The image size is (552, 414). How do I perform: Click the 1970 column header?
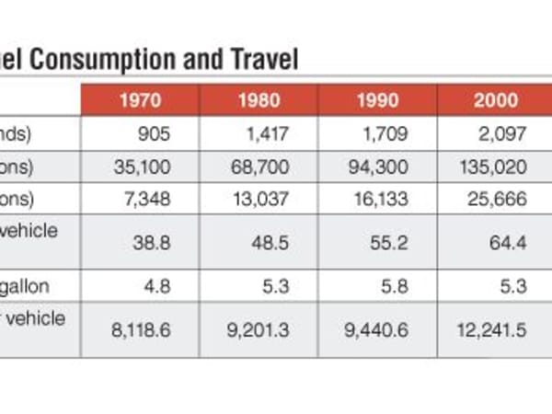140,100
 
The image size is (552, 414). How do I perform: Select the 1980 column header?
259,100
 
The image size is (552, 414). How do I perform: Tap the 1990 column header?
377,100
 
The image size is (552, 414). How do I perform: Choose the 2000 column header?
496,100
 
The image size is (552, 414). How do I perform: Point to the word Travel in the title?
261,60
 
